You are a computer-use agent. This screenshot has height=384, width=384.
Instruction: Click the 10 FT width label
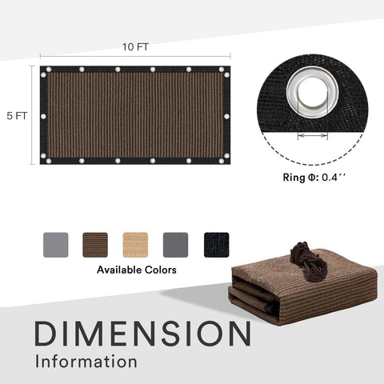pyautogui.click(x=135, y=47)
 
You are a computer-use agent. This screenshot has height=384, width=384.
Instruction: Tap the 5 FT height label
pyautogui.click(x=17, y=116)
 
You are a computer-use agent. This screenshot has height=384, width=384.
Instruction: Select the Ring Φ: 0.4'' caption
pyautogui.click(x=314, y=177)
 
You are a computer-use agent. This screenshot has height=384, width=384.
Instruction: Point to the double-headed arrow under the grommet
pyautogui.click(x=313, y=135)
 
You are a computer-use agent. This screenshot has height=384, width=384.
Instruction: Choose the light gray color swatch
pyautogui.click(x=56, y=245)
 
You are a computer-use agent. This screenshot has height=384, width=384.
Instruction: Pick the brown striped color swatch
pyautogui.click(x=95, y=245)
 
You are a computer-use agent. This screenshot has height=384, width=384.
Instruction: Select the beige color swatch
pyautogui.click(x=135, y=245)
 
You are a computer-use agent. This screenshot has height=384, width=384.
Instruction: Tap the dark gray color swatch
pyautogui.click(x=175, y=245)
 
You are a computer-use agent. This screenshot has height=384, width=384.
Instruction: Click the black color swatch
pyautogui.click(x=216, y=245)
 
